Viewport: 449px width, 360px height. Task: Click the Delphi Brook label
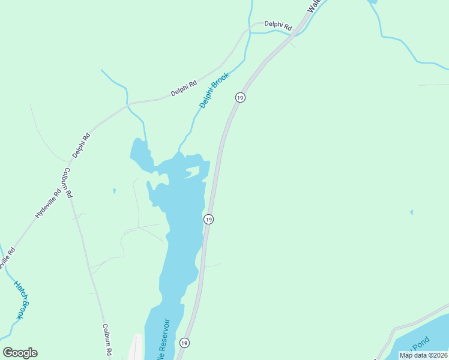point(215,91)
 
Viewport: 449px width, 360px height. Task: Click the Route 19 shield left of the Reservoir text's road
point(184,343)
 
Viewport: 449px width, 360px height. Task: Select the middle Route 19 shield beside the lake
point(208,219)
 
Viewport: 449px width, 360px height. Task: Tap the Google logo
point(20,353)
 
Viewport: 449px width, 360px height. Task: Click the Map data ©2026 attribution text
point(423,355)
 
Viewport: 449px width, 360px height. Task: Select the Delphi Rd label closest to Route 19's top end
point(278,26)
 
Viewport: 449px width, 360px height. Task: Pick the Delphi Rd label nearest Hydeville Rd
point(81,145)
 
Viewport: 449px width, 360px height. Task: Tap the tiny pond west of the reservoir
point(113,191)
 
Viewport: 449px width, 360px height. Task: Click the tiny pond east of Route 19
point(411,212)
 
